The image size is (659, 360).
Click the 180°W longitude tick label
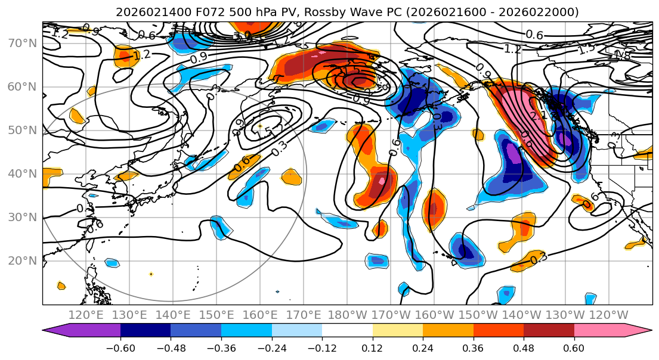click(348, 315)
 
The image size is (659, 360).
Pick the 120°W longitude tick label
click(610, 315)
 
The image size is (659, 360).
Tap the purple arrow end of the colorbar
click(54, 331)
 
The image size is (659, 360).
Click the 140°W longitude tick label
click(522, 315)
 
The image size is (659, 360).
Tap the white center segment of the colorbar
click(347, 331)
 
